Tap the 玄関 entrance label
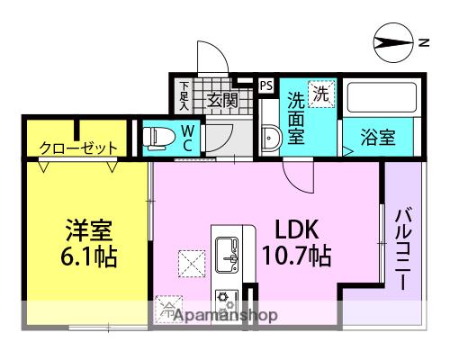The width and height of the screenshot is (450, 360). pos(222,101)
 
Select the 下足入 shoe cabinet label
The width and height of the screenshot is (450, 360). pos(184,94)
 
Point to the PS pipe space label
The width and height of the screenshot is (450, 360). pos(265,85)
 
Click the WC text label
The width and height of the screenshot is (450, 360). pos(186,136)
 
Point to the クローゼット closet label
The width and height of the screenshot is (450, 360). pos(78,148)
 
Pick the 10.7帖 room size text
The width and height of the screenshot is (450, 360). pos(294,258)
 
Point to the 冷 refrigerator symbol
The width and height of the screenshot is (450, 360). pos(168,308)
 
